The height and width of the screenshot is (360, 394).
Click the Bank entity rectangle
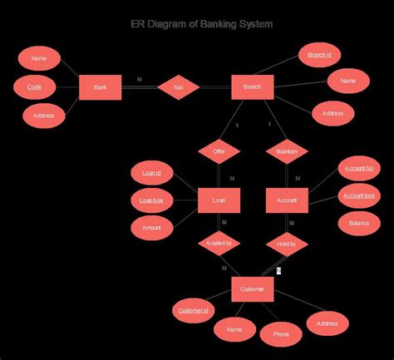[101, 87]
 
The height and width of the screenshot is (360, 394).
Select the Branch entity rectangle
[253, 87]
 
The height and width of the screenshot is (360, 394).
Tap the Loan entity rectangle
[219, 200]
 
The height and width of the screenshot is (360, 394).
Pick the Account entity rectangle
[287, 200]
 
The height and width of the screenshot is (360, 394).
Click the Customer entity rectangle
[252, 289]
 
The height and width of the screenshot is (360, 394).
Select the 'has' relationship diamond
[178, 87]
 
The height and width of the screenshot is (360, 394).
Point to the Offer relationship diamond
[219, 151]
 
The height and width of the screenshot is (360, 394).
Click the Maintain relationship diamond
[287, 151]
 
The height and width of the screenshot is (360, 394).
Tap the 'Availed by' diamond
[219, 244]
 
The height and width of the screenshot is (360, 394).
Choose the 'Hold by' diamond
[287, 244]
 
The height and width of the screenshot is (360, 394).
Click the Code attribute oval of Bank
[35, 86]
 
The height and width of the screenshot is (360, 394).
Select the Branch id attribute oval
[319, 55]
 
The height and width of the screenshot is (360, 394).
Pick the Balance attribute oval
[359, 223]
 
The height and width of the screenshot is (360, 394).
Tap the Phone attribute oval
[281, 334]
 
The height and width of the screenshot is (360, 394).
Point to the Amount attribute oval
[151, 226]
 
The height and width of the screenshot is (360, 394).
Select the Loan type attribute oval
[151, 200]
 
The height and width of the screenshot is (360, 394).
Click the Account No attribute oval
[359, 169]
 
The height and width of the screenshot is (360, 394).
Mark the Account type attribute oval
[359, 196]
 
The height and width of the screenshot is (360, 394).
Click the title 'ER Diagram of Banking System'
[202, 24]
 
